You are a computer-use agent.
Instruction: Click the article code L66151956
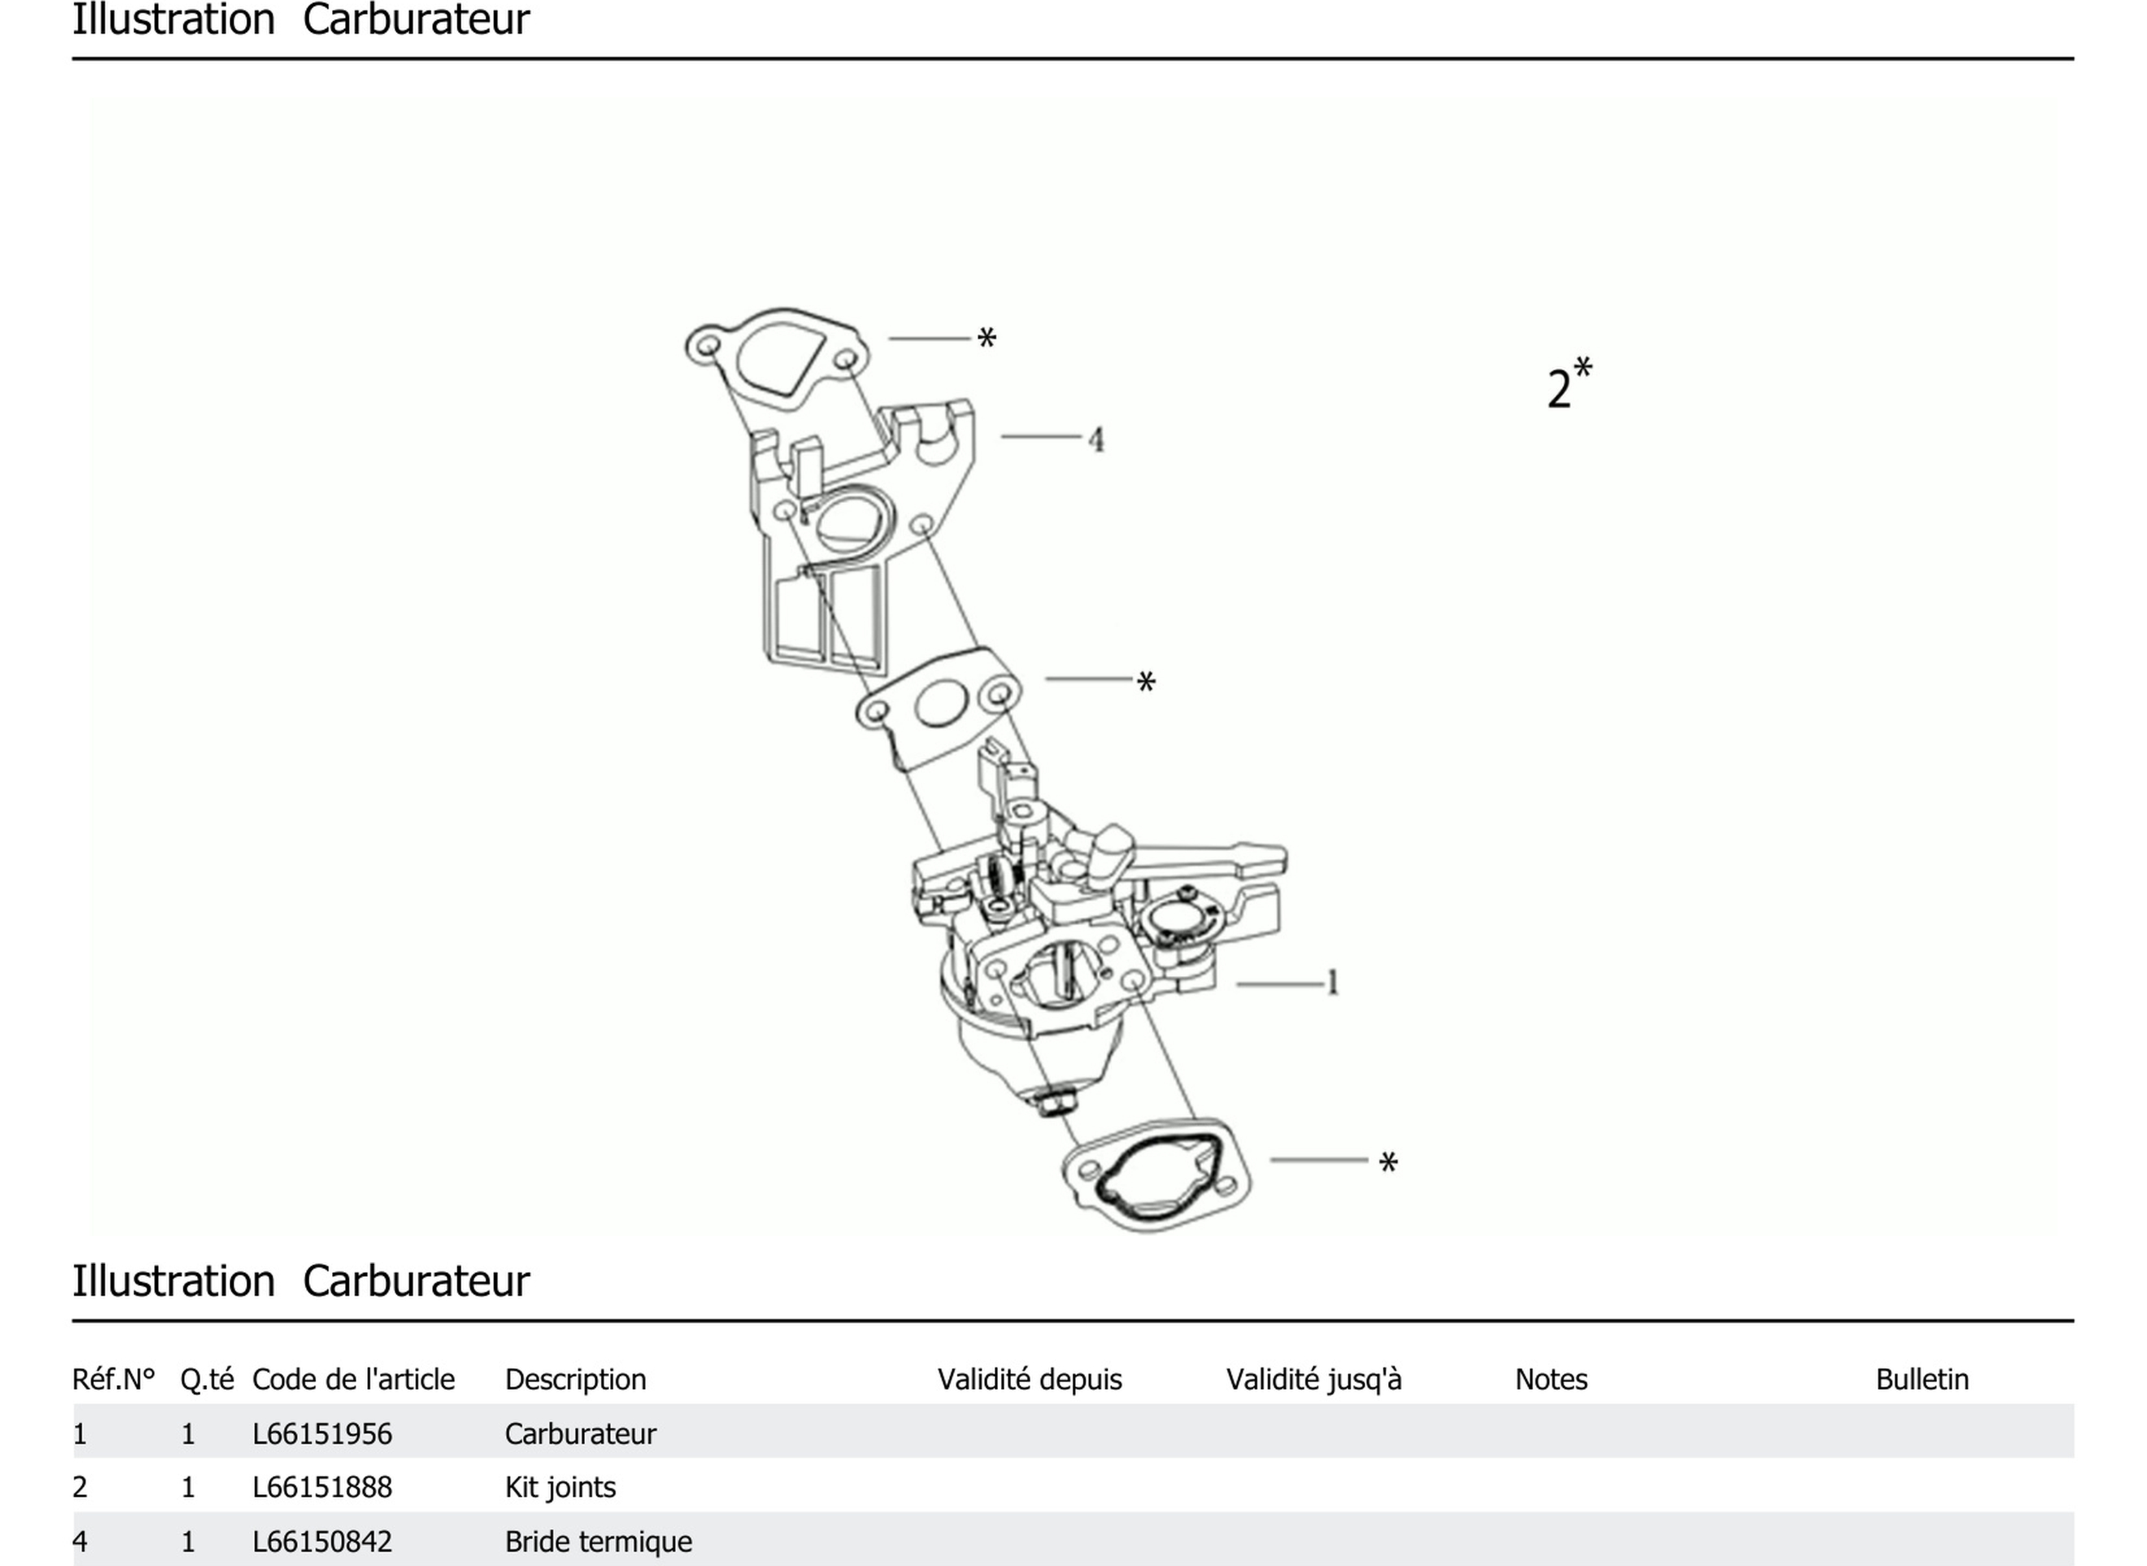321,1434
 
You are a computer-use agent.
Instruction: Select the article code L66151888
321,1486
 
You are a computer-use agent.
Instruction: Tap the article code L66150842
321,1541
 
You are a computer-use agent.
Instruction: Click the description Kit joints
560,1486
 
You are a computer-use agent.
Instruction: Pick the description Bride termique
597,1541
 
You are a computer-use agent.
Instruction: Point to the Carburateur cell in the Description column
579,1434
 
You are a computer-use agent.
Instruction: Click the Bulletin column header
1921,1379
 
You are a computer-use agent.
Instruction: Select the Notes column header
1551,1379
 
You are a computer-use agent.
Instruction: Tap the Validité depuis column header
1029,1379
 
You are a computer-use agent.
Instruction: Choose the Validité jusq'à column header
1313,1379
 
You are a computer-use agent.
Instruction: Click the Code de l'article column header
353,1379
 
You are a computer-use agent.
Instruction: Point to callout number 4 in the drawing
1096,440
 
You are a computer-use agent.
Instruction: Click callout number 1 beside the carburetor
1333,982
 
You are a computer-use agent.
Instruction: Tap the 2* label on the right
1568,384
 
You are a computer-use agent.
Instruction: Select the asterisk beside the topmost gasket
986,338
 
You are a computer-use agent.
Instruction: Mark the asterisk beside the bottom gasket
1388,1162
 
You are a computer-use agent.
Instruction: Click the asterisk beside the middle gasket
1146,682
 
